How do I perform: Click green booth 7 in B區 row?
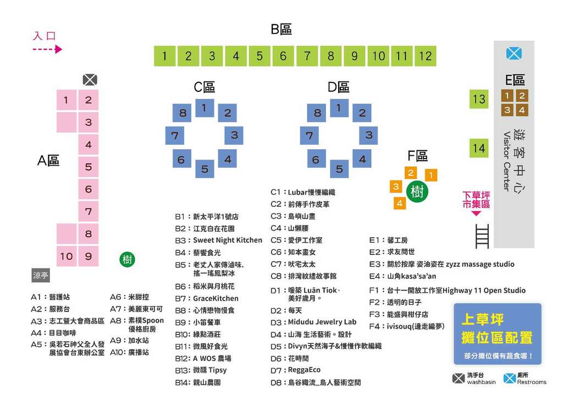[x=307, y=56]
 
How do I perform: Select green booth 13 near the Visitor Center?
[x=479, y=99]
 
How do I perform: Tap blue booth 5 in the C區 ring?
[x=205, y=168]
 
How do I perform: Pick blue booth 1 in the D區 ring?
[x=339, y=108]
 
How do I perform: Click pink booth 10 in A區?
[x=66, y=256]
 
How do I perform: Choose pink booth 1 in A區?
[x=66, y=100]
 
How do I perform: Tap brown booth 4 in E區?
[x=522, y=110]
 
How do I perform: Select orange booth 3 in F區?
[x=395, y=187]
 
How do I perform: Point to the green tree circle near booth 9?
[x=128, y=259]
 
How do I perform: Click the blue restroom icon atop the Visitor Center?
[x=514, y=53]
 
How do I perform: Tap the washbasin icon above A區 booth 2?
[x=90, y=80]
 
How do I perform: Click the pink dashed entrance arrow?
[x=47, y=50]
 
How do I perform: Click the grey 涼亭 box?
[x=41, y=276]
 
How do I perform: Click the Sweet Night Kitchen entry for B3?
[x=227, y=241]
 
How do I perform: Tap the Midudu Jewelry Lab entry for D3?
[x=322, y=322]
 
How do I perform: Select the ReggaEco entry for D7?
[x=304, y=370]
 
